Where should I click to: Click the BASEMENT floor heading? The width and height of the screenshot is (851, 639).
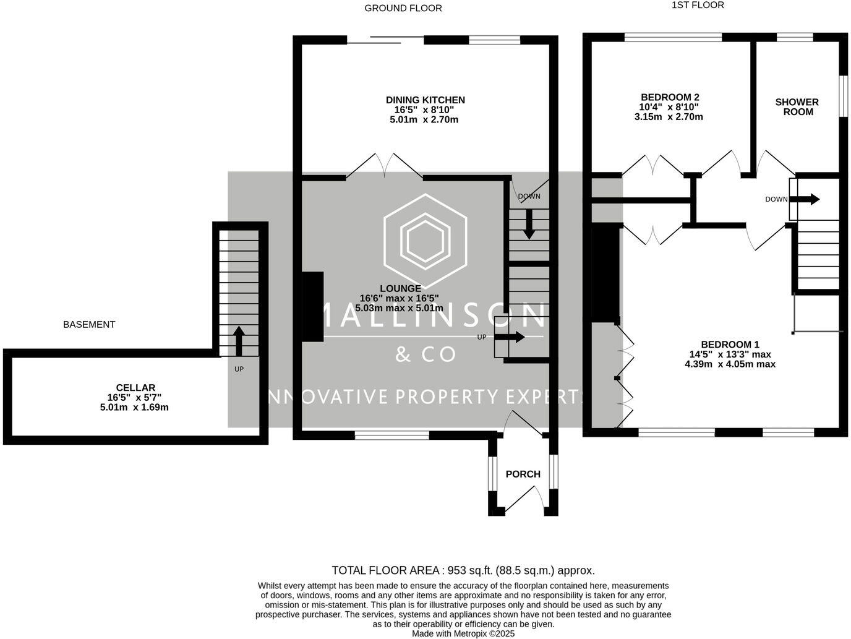tap(89, 324)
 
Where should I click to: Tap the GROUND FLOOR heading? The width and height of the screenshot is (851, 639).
tap(403, 8)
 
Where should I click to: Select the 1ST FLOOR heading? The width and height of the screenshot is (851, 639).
tap(698, 5)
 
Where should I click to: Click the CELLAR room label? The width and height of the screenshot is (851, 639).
tap(135, 388)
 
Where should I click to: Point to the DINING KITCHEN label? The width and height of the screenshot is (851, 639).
tap(425, 100)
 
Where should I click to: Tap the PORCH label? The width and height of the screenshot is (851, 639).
tap(523, 474)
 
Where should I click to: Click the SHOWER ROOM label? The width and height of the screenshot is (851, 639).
tap(797, 107)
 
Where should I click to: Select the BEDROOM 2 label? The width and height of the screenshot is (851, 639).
tap(670, 97)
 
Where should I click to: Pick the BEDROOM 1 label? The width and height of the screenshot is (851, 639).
tap(730, 345)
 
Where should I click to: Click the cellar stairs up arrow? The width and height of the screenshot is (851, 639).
tap(239, 340)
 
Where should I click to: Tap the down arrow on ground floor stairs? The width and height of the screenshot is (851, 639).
tap(529, 225)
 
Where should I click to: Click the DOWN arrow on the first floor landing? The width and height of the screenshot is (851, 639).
tap(806, 199)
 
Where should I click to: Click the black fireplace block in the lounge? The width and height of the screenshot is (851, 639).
tap(312, 307)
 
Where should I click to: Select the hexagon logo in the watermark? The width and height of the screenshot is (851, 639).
tap(425, 237)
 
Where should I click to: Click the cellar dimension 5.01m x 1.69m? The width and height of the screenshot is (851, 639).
tap(134, 408)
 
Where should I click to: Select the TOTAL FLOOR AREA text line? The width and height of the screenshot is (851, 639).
tap(463, 570)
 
